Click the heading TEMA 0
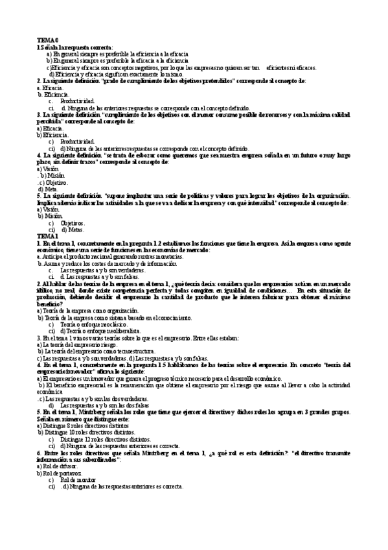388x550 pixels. pos(47,40)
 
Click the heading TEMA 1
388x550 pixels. pos(47,236)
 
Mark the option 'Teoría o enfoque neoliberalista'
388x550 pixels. pos(102,331)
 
